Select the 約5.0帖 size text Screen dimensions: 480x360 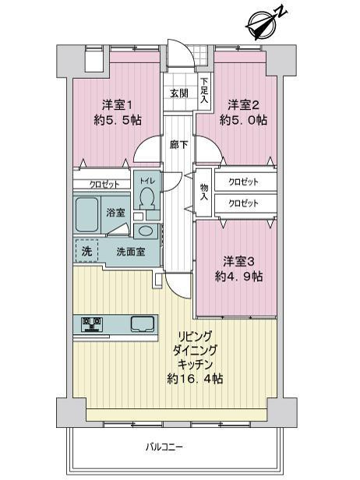click(242, 121)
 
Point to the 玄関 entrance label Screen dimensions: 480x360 click(178, 94)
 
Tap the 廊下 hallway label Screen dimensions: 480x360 click(178, 144)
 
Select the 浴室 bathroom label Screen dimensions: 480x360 click(116, 212)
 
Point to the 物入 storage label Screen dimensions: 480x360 click(203, 192)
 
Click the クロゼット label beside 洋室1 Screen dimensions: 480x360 click(104, 185)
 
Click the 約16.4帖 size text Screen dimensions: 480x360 click(196, 379)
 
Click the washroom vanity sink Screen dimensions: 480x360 click(145, 231)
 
